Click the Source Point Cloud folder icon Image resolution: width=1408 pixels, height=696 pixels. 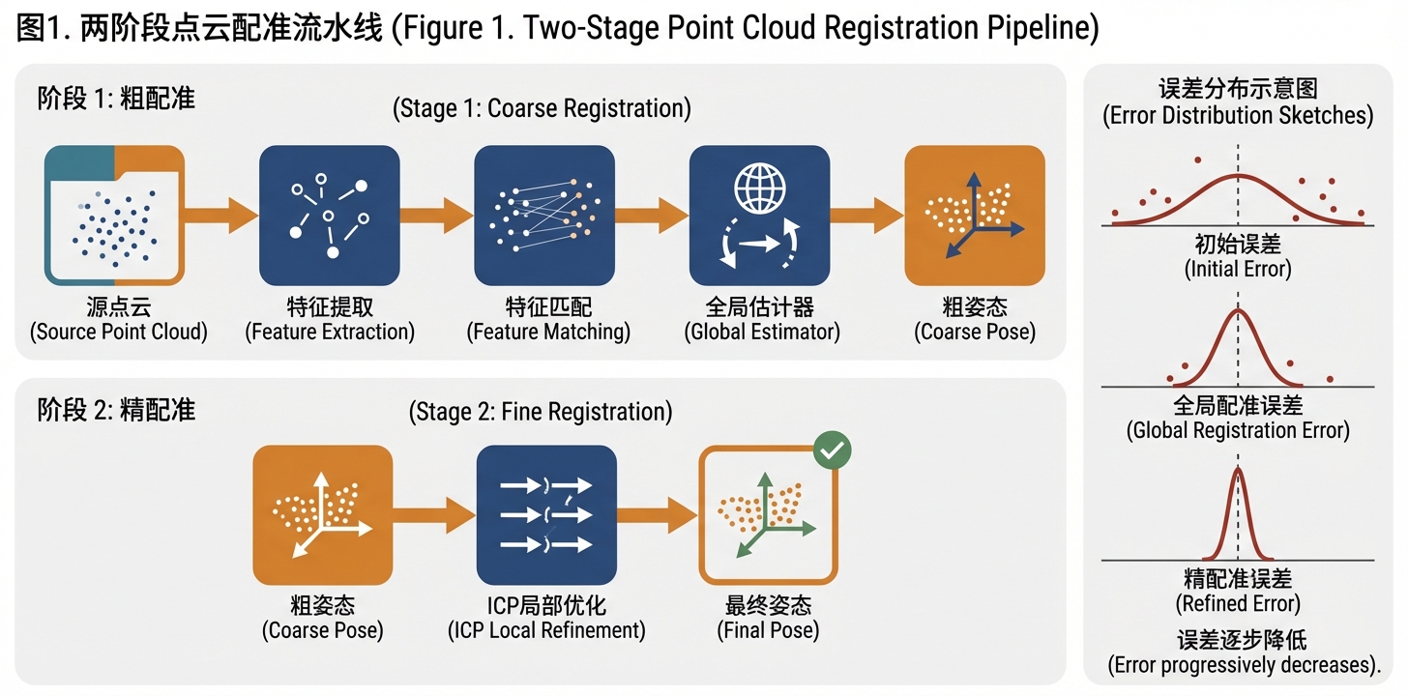114,215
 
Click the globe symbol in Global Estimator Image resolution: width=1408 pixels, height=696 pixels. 759,187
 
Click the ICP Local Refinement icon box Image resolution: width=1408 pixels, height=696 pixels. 546,514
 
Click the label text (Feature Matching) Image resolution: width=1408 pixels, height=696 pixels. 547,333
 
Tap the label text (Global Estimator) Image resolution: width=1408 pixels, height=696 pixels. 762,333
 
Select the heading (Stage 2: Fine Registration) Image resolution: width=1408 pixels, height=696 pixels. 541,412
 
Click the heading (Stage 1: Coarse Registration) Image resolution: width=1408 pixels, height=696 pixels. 542,108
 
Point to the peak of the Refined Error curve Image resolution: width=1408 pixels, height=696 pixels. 1239,468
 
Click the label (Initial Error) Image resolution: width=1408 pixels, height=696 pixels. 1238,269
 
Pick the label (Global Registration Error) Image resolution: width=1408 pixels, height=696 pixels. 1238,430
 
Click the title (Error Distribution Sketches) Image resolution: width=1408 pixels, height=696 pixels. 1238,116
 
